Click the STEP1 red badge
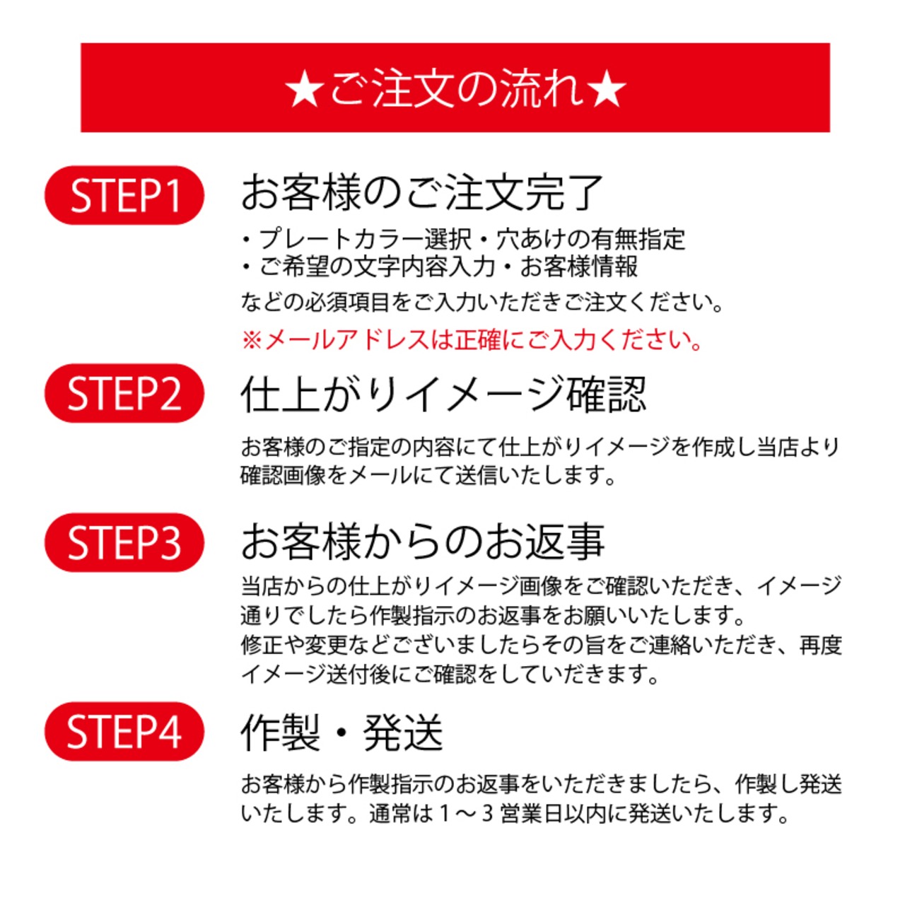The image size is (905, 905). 124,195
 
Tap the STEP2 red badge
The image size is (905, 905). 124,393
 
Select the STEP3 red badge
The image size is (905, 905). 124,542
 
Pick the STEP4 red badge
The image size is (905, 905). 124,731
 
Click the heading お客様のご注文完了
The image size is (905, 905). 421,192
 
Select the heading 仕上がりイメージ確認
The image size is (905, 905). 443,394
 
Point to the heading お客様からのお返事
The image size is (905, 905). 422,542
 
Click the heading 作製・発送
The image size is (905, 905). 341,732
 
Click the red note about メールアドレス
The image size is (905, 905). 472,340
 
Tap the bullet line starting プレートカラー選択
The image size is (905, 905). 463,239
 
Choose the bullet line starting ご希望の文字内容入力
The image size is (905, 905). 439,267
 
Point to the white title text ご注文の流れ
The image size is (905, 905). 456,89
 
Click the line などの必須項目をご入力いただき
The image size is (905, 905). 483,303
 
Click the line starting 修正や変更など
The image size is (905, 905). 541,645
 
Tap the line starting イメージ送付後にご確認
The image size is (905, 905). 450,675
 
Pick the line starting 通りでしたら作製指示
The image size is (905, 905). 493,615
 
